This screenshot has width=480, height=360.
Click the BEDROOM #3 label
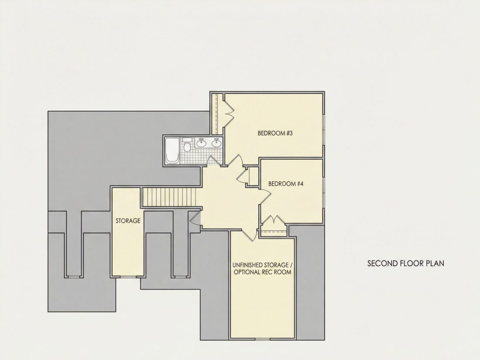coord(275,133)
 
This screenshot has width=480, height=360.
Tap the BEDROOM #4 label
coord(286,184)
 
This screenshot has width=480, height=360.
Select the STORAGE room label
coord(128,221)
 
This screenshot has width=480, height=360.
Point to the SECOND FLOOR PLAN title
coord(406,263)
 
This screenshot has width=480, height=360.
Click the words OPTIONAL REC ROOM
coord(263,272)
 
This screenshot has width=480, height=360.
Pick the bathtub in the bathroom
coord(172,150)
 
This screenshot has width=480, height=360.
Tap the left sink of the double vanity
coord(202,143)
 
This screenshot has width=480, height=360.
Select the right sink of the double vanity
coord(217,143)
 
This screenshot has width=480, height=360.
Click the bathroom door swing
coord(214,161)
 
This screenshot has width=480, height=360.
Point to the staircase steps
coord(169,197)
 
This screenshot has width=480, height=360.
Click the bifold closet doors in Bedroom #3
coord(229,113)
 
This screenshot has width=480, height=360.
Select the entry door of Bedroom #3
coord(235,160)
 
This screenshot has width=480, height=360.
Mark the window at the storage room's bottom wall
coord(128,277)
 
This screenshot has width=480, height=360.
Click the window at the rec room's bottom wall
coord(263,339)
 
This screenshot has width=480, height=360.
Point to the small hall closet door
coord(243,176)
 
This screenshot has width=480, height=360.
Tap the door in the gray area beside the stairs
coord(195,219)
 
